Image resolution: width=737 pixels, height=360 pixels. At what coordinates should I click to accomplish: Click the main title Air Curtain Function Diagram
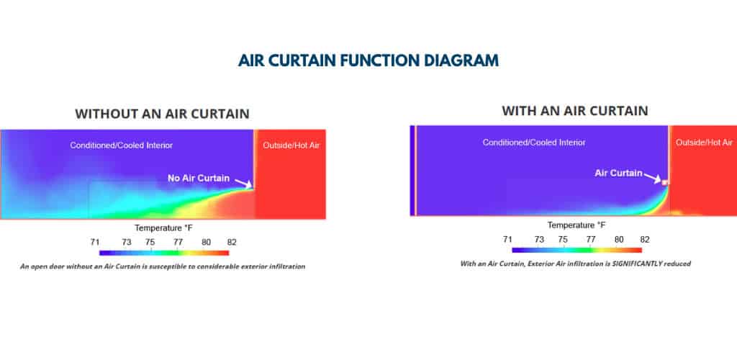click(x=368, y=60)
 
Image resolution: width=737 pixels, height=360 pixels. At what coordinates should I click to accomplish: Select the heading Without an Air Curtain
click(x=162, y=114)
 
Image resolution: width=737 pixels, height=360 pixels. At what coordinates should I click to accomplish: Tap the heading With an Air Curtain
click(x=575, y=111)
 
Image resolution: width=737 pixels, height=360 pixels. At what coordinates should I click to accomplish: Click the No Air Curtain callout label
click(x=199, y=178)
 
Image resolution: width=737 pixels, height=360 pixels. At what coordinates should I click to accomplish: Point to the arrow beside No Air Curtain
click(x=243, y=184)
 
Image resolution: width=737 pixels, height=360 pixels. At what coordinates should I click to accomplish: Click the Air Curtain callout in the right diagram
click(x=618, y=173)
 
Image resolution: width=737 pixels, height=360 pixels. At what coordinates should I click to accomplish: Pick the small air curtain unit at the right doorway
click(x=664, y=182)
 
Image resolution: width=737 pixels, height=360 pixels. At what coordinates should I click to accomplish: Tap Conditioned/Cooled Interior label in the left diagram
click(x=121, y=145)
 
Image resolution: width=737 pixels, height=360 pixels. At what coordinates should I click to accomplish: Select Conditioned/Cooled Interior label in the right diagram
click(x=534, y=143)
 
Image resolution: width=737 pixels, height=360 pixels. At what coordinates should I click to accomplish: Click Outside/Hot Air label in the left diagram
click(x=291, y=145)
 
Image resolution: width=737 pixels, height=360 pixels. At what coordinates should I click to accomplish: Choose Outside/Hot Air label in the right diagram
click(x=704, y=143)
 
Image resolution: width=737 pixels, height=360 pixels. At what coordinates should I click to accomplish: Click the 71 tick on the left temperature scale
click(x=95, y=243)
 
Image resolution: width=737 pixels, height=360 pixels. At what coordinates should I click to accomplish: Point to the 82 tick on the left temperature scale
click(x=232, y=243)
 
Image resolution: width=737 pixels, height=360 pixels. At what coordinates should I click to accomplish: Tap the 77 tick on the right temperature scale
click(x=591, y=239)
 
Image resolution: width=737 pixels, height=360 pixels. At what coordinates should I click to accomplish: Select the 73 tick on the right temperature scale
click(x=539, y=239)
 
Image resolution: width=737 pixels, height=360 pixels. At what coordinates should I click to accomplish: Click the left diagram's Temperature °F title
click(x=163, y=228)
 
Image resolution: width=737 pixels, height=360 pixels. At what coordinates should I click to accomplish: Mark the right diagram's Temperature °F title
click(x=577, y=225)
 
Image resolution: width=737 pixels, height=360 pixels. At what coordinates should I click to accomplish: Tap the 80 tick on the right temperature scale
click(x=619, y=239)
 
